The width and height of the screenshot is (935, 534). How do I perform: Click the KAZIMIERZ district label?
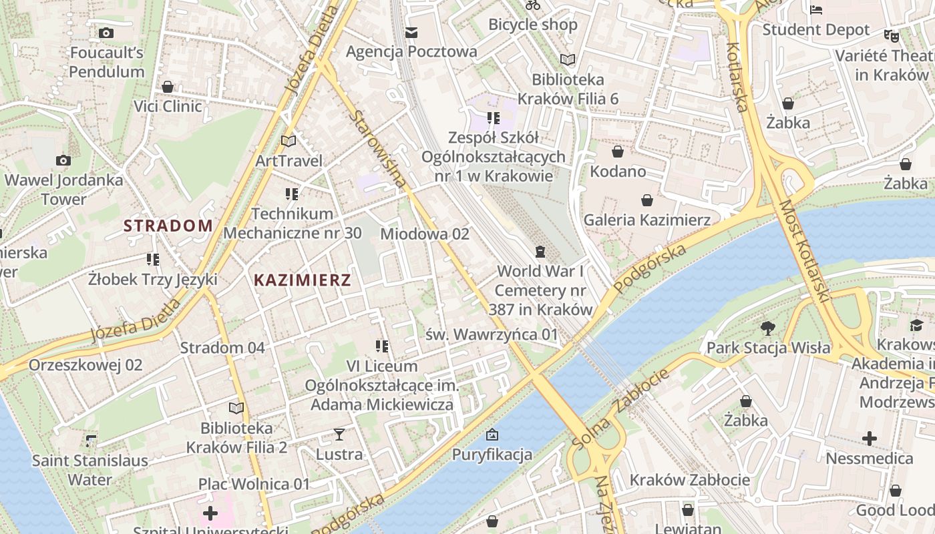(x=303, y=280)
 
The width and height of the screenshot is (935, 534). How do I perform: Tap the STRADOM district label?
(x=168, y=226)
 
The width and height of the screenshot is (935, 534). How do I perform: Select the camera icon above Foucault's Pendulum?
(x=106, y=33)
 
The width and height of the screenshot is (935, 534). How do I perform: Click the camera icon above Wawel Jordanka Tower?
(x=63, y=160)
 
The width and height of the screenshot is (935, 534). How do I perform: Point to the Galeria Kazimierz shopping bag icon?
(x=646, y=200)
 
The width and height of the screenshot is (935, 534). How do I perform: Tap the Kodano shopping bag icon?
(x=618, y=152)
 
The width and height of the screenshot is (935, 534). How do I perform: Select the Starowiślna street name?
(x=378, y=148)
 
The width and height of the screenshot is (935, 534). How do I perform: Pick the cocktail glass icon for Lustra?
(x=339, y=435)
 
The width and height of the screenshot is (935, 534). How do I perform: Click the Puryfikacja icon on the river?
(x=492, y=435)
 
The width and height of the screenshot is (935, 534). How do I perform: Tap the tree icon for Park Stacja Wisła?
(x=768, y=328)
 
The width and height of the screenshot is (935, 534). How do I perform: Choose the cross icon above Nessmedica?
(x=869, y=439)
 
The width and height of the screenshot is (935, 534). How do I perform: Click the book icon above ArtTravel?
(x=289, y=141)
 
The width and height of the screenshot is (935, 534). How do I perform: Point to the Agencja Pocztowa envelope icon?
(x=411, y=32)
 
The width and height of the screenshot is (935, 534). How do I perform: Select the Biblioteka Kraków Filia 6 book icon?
(x=568, y=59)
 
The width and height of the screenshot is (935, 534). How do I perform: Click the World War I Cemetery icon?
(x=540, y=252)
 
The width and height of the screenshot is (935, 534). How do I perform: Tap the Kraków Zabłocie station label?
(x=689, y=480)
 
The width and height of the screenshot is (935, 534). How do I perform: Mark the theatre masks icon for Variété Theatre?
(x=890, y=35)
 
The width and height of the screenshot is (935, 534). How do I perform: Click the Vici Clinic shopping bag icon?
(x=168, y=87)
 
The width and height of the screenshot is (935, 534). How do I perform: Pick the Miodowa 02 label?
(x=425, y=234)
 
